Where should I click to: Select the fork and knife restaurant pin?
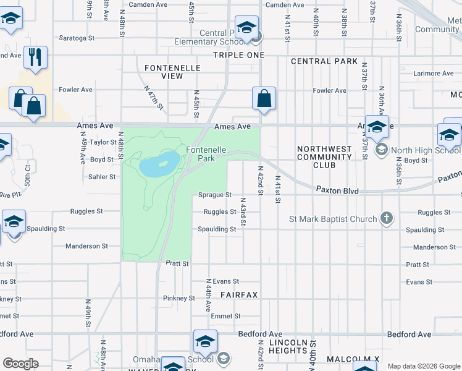[35, 57]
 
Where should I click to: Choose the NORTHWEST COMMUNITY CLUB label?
[324, 157]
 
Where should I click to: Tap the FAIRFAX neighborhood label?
[238, 295]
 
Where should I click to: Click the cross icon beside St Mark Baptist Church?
[386, 218]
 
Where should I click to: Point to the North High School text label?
[426, 150]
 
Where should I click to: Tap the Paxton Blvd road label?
[337, 190]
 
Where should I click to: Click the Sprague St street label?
[214, 195]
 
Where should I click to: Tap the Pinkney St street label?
[179, 298]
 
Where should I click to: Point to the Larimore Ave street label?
[434, 74]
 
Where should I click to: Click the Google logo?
[20, 364]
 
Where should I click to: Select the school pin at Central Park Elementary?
[246, 28]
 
